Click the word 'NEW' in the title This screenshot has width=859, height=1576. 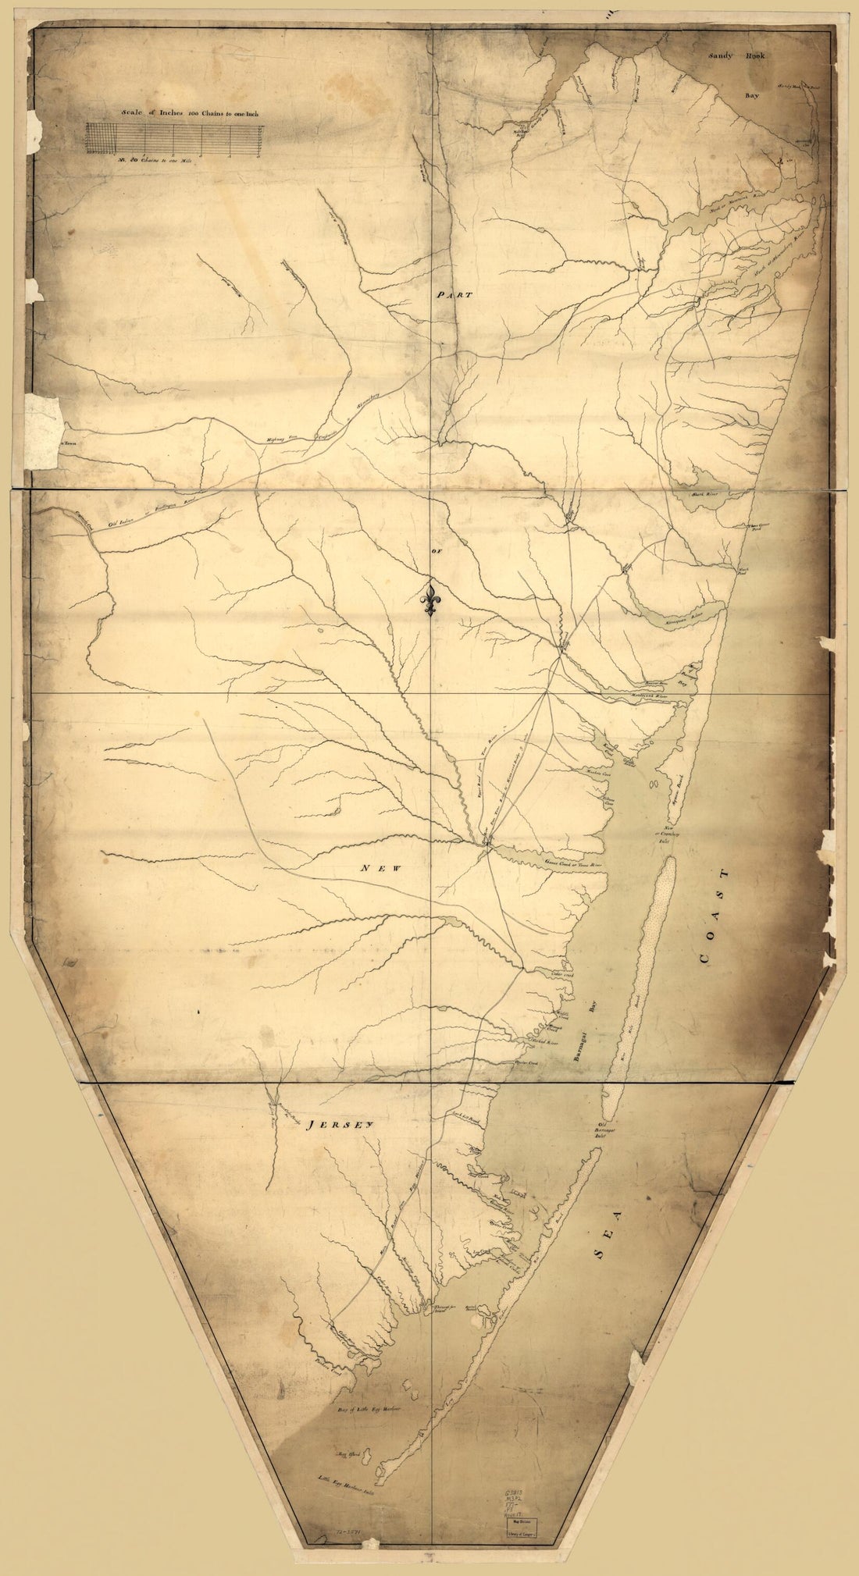click(x=371, y=867)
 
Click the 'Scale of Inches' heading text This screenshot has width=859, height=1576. click(x=189, y=113)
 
